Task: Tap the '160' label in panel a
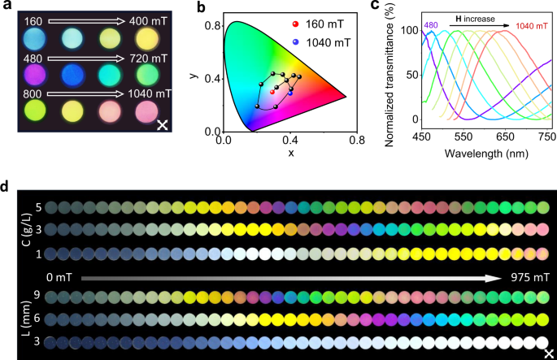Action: coord(35,20)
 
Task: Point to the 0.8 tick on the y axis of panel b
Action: coord(213,26)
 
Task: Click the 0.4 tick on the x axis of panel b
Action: coord(289,141)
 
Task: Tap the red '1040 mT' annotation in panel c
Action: coord(532,25)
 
